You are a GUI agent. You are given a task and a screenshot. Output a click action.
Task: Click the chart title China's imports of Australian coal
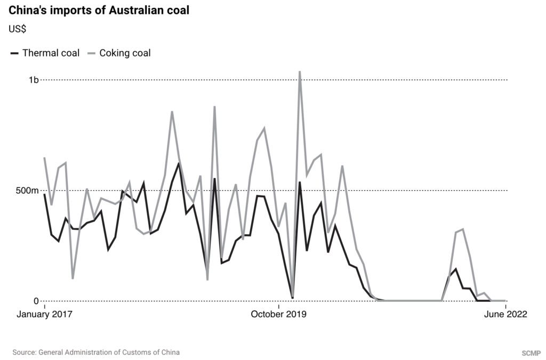click(x=99, y=11)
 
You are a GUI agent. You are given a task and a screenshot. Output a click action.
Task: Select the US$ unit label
click(x=18, y=29)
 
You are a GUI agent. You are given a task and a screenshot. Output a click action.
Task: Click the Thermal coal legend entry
click(x=51, y=53)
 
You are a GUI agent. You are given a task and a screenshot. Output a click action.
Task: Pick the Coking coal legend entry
click(x=125, y=53)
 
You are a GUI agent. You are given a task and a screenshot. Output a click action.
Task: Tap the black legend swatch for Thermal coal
click(x=14, y=53)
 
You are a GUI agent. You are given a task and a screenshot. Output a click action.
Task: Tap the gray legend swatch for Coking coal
click(x=91, y=53)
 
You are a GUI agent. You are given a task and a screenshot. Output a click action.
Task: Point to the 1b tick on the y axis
click(x=34, y=80)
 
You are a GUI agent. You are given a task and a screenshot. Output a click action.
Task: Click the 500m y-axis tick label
click(x=28, y=190)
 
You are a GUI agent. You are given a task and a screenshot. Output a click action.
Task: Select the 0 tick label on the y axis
click(x=36, y=301)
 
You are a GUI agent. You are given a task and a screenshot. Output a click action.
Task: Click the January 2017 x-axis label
click(x=44, y=314)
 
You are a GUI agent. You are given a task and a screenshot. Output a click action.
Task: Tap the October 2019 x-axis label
click(x=278, y=314)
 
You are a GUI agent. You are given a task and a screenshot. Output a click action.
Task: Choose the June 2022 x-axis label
click(x=505, y=314)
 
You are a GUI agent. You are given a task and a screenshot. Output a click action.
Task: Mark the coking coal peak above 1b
click(x=300, y=71)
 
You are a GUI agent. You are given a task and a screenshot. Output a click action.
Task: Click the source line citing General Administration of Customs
click(x=96, y=352)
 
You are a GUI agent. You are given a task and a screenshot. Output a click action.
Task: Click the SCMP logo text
click(x=531, y=353)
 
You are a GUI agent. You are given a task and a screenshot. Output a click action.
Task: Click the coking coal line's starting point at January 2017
click(x=44, y=158)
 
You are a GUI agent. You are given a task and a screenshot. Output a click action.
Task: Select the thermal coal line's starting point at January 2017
click(x=44, y=194)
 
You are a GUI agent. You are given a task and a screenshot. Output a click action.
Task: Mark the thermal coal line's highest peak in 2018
click(x=178, y=163)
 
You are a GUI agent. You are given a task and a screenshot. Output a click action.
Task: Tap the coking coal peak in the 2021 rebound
click(x=463, y=229)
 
